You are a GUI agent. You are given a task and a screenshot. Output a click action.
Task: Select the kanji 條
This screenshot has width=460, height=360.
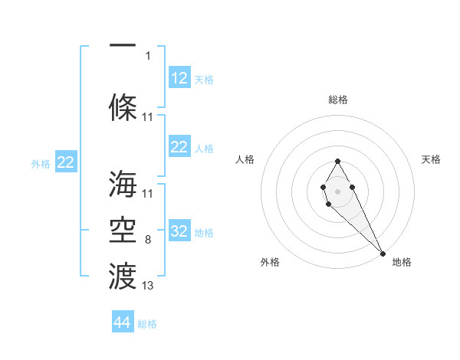coord(123,107)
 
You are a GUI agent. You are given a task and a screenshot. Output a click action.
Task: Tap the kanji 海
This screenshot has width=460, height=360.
coord(123,185)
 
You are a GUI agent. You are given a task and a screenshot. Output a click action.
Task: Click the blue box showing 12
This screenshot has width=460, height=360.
coord(179,78)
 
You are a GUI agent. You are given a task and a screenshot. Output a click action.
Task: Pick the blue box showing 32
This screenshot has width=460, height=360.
coord(179,231)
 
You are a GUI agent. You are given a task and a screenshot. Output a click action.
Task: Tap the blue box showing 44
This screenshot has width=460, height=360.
coord(123,323)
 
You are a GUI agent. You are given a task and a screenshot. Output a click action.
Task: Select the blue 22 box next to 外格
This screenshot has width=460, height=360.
coord(66,162)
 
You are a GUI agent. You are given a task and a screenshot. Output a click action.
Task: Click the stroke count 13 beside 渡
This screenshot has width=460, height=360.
coord(148,286)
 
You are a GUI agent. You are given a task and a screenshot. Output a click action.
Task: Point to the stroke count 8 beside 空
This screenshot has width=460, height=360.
coord(148,240)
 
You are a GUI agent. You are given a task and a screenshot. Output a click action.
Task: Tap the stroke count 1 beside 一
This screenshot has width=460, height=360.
coord(148,55)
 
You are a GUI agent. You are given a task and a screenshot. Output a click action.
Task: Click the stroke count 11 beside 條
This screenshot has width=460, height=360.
coord(148,117)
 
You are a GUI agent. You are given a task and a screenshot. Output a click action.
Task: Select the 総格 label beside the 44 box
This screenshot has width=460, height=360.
coord(147,324)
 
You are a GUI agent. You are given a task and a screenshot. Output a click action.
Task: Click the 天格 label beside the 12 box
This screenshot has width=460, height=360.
coord(204,79)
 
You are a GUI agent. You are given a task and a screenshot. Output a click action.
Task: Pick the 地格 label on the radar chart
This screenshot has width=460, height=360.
coord(402,262)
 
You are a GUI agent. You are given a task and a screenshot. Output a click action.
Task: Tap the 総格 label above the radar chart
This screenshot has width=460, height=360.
coord(337,100)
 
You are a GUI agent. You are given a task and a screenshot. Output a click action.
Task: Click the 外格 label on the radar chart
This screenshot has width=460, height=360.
coord(270,262)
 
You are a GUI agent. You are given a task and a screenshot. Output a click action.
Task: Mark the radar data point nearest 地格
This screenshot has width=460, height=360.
coord(383,253)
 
